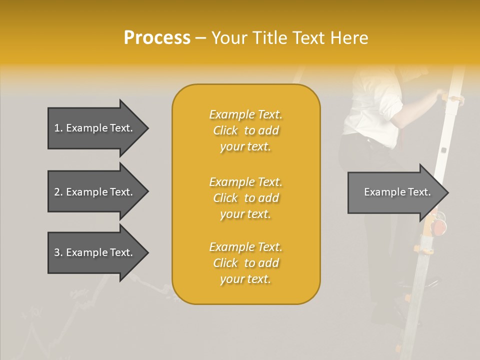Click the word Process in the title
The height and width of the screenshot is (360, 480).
pyautogui.click(x=157, y=38)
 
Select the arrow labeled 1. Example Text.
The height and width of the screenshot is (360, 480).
pyautogui.click(x=94, y=128)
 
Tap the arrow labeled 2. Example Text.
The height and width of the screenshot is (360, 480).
pyautogui.click(x=94, y=192)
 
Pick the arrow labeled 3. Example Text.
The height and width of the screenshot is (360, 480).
pyautogui.click(x=94, y=252)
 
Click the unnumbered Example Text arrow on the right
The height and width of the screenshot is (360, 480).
pyautogui.click(x=397, y=192)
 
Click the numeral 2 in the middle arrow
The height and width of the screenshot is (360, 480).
pyautogui.click(x=57, y=192)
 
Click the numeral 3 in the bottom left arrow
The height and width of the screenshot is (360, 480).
pyautogui.click(x=57, y=252)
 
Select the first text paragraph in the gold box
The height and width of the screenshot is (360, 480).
pyautogui.click(x=245, y=130)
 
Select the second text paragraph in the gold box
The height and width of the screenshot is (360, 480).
pyautogui.click(x=245, y=198)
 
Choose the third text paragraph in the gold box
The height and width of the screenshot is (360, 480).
pyautogui.click(x=245, y=263)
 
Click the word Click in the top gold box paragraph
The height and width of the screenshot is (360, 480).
pyautogui.click(x=225, y=130)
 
